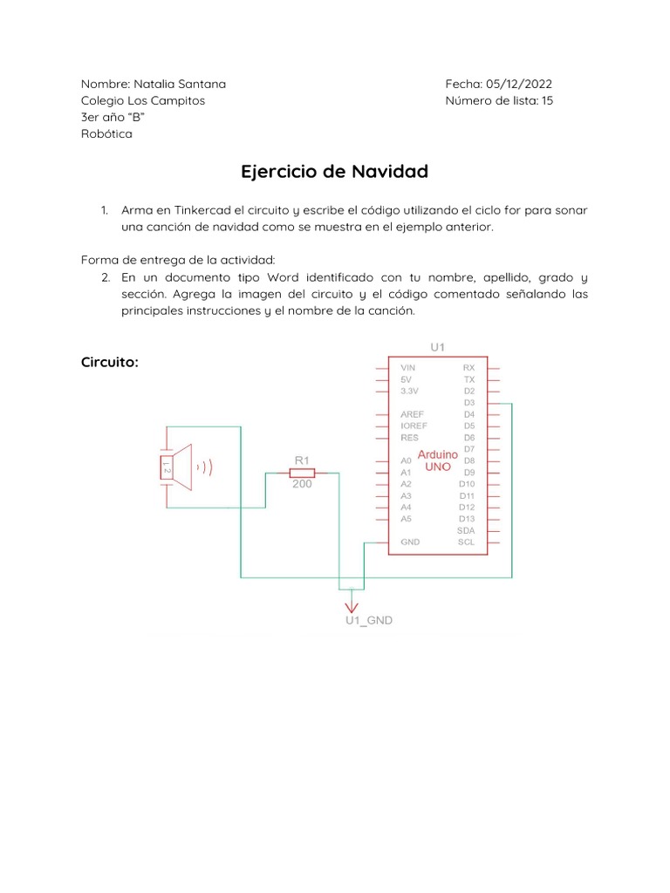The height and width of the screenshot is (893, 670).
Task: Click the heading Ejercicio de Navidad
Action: (x=334, y=172)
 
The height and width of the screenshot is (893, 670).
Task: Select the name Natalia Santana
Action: (x=180, y=84)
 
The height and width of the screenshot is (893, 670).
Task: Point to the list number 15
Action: (x=547, y=100)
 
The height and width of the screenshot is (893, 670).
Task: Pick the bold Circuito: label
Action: (x=110, y=362)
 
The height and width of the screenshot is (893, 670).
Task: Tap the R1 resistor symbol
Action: (x=302, y=472)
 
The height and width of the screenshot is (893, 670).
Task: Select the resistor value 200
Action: (x=302, y=484)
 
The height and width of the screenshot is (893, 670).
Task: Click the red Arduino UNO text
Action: (x=438, y=460)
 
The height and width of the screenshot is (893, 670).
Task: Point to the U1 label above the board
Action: (x=437, y=347)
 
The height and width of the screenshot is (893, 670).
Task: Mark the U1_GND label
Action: (x=368, y=621)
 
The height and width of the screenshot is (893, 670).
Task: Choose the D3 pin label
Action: (x=469, y=403)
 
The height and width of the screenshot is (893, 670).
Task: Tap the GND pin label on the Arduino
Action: (x=410, y=542)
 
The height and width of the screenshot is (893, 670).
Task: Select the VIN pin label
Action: (x=408, y=368)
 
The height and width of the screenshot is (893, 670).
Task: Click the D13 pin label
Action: (x=467, y=518)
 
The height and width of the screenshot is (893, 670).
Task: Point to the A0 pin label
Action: (x=406, y=460)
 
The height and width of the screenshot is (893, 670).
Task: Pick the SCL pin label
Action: (x=467, y=542)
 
